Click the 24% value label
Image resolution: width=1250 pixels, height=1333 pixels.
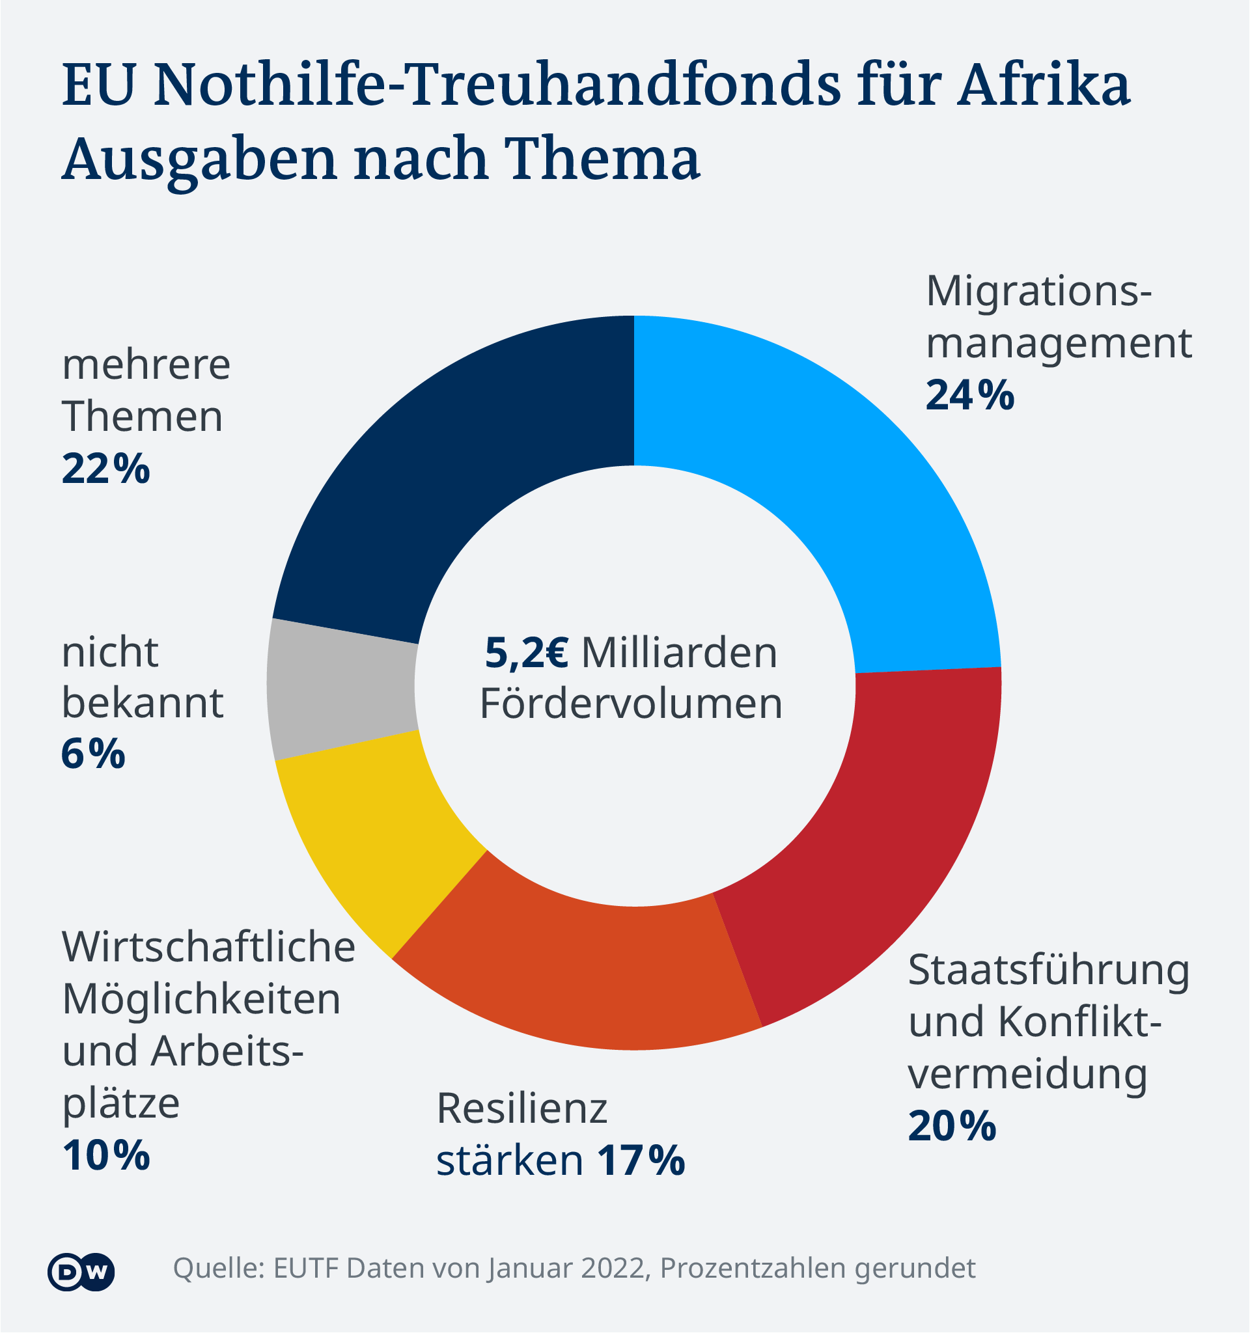969,396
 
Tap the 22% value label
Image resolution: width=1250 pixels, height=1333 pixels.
106,469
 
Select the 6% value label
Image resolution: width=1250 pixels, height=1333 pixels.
93,754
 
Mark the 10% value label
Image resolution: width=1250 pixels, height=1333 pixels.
106,1155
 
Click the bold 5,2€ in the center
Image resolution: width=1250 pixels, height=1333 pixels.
527,653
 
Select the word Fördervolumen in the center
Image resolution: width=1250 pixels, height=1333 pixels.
631,704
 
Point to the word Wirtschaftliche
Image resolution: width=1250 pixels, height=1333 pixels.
208,947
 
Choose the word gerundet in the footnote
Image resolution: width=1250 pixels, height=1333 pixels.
915,1269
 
